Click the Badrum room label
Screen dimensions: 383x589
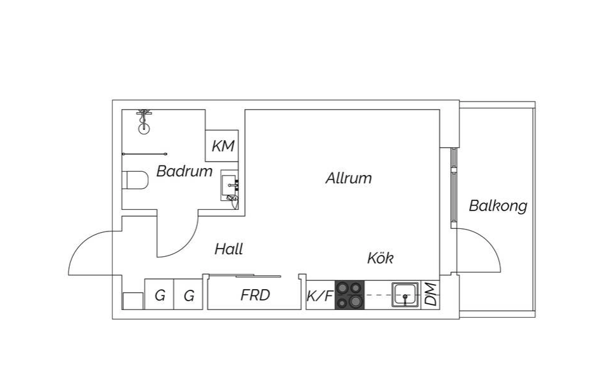184,171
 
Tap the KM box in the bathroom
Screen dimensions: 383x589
223,146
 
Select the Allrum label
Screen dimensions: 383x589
348,178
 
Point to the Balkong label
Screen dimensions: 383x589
498,206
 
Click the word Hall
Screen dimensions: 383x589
228,249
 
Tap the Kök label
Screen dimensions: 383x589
380,258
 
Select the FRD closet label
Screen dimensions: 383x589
255,295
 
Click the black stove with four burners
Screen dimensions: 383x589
350,295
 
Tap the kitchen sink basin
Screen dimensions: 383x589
405,294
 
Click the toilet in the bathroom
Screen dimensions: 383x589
135,181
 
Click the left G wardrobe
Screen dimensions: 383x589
160,295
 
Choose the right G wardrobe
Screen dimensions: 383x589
188,295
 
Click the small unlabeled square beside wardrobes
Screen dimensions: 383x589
133,301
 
